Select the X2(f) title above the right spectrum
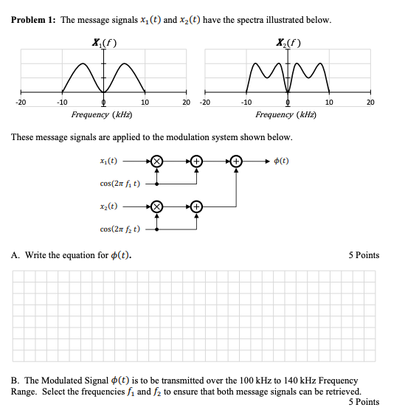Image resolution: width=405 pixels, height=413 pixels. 287,42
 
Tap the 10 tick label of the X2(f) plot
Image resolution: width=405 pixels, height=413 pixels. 329,103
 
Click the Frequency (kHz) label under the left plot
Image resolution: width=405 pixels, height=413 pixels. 102,115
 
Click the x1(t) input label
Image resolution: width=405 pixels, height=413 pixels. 108,159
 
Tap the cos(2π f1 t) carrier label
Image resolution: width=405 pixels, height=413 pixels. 120,182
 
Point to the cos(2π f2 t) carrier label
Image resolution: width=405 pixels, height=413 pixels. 120,229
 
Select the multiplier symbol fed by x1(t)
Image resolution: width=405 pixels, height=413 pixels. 156,160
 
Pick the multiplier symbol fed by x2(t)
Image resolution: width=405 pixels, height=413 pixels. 156,207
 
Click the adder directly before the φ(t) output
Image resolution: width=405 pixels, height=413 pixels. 236,160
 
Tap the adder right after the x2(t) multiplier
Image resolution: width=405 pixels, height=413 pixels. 196,207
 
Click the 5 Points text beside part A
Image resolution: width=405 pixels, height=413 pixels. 364,255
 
